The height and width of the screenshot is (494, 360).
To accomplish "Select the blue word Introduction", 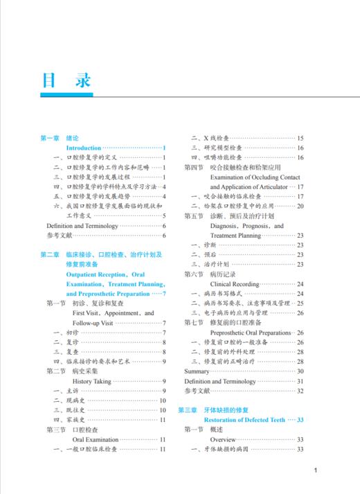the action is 83,148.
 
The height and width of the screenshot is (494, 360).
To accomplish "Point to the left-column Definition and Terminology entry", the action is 82,226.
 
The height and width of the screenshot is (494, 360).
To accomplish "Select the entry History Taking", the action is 91,381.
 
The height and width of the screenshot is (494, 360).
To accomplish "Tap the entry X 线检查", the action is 215,139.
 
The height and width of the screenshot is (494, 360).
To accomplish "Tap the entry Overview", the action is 223,439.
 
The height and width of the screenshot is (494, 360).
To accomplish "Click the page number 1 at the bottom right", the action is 315,471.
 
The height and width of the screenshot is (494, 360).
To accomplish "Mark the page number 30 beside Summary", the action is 300,371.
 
